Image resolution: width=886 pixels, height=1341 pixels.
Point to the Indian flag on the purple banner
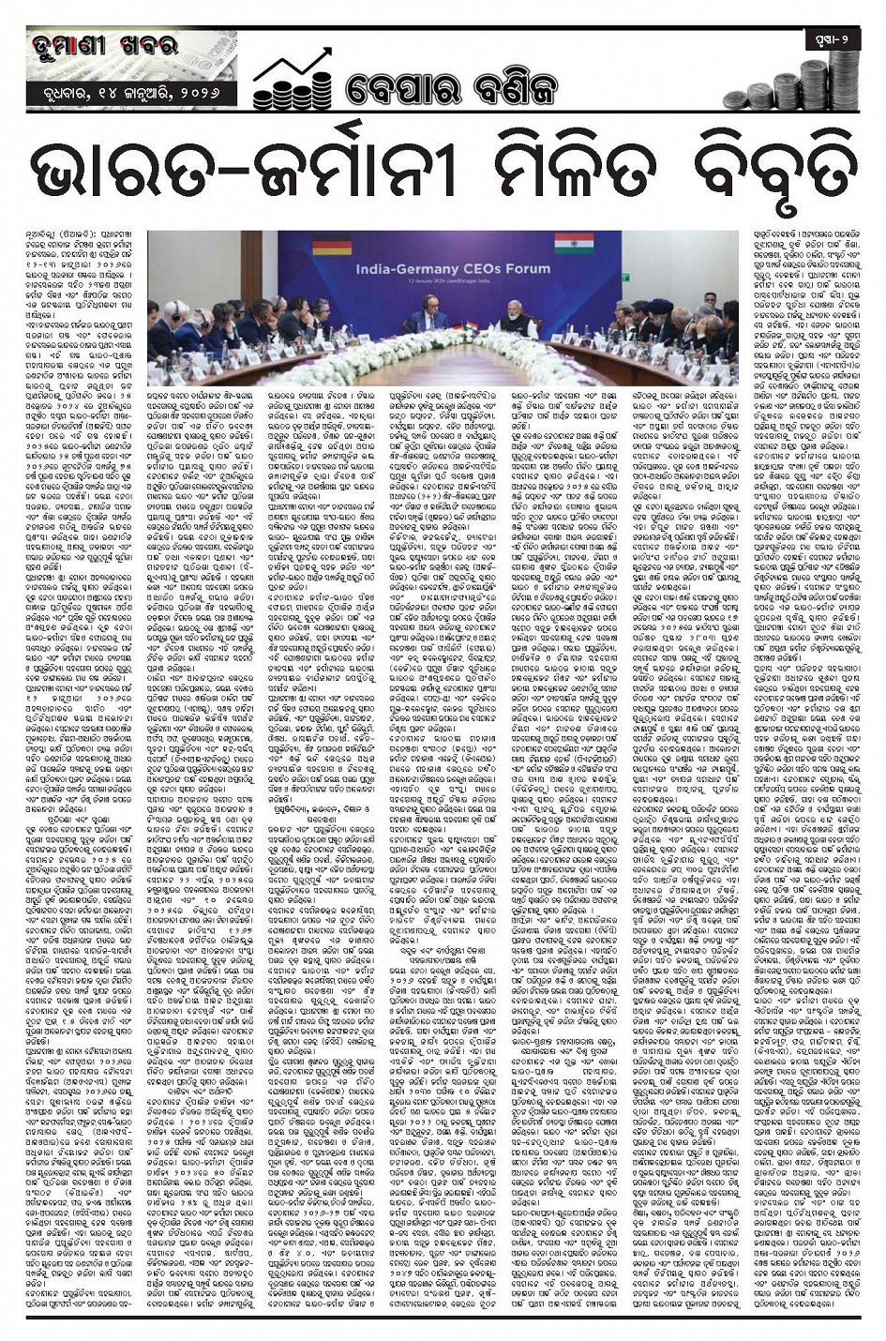pyautogui.click(x=565, y=246)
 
